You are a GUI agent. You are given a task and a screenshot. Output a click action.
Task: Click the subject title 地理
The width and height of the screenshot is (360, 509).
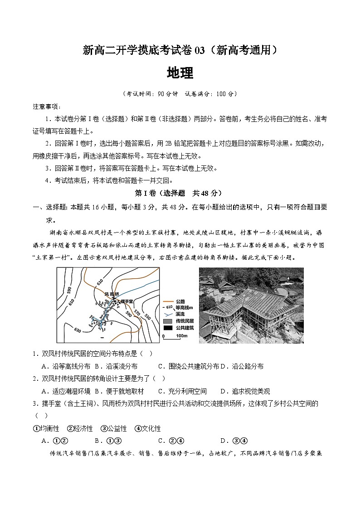[180, 73]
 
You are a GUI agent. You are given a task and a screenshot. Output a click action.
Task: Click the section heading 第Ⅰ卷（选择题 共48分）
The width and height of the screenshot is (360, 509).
[180, 193]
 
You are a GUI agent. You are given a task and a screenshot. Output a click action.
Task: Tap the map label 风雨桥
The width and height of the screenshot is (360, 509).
[112, 294]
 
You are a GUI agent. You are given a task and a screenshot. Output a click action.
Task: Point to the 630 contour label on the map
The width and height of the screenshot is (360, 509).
[78, 330]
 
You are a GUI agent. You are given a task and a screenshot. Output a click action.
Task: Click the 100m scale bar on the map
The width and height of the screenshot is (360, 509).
[172, 336]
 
